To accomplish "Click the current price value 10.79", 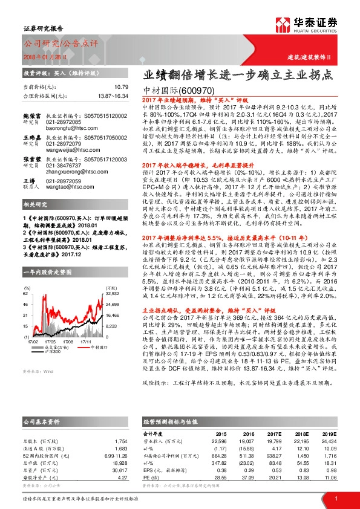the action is point(121,88).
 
